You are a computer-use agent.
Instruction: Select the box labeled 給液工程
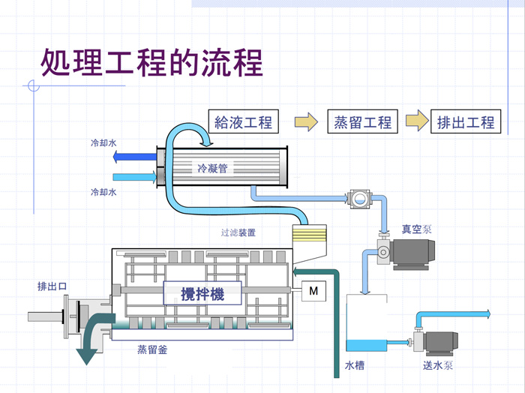pyautogui.click(x=243, y=121)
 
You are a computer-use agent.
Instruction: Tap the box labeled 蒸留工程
pyautogui.click(x=363, y=121)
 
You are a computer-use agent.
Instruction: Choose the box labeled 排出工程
pyautogui.click(x=466, y=121)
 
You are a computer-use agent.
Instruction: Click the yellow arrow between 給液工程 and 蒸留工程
pyautogui.click(x=305, y=121)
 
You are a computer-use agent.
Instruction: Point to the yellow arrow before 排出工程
pyautogui.click(x=417, y=121)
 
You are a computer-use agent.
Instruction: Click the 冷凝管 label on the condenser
pyautogui.click(x=213, y=168)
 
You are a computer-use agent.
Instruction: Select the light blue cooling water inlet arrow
pyautogui.click(x=135, y=177)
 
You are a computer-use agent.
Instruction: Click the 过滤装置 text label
pyautogui.click(x=238, y=232)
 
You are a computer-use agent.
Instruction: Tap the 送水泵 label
pyautogui.click(x=438, y=366)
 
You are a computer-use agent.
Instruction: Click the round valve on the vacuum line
pyautogui.click(x=359, y=199)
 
